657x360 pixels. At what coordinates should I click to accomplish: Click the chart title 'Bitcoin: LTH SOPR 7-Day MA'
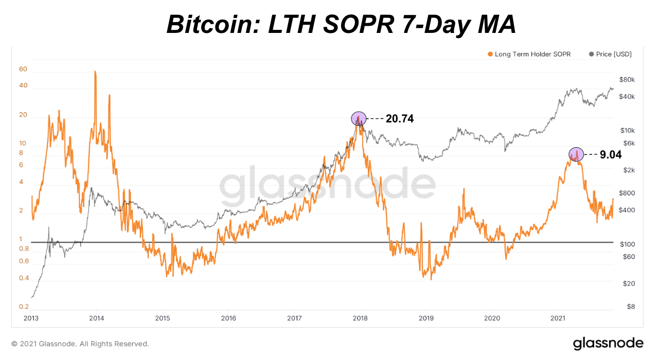coord(341,24)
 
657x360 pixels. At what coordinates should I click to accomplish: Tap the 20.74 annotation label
coord(399,119)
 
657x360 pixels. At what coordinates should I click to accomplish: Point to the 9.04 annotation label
coord(611,154)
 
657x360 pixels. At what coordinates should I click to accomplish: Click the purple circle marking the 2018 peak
coord(359,119)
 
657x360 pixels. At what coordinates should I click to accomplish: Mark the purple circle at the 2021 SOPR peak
coord(576,154)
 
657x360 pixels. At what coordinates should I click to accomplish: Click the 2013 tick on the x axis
coord(31,318)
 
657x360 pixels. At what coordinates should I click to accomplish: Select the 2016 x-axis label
coord(228,318)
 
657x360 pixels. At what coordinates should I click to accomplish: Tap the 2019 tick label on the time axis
coord(426,318)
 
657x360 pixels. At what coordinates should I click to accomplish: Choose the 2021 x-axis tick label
coord(558,318)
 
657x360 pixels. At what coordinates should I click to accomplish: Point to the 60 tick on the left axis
coord(23,69)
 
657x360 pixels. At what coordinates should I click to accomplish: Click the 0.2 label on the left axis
coord(24,307)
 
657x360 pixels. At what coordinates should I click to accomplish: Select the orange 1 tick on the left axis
coord(21,239)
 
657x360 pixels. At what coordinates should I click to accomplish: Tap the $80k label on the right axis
coord(628,80)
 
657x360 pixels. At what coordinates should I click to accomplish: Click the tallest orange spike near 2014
coord(95,73)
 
